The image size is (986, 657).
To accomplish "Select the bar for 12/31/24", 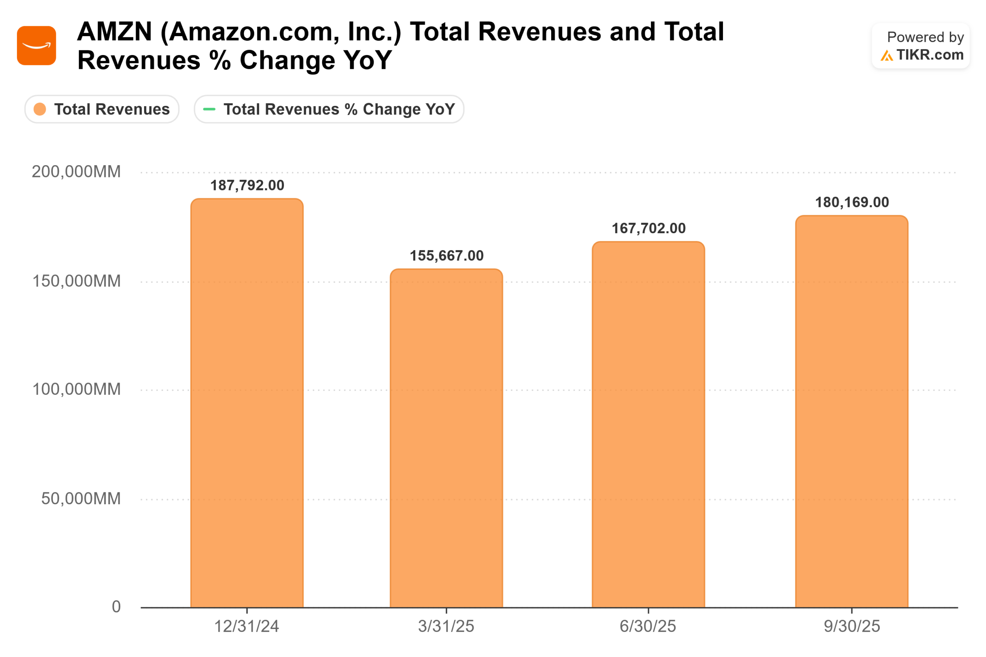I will coord(247,402).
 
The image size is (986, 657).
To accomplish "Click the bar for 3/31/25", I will coord(446,438).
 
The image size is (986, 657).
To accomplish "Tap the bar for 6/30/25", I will coord(648,424).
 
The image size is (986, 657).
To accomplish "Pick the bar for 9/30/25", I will coord(852,411).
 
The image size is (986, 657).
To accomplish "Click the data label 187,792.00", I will coord(247,185).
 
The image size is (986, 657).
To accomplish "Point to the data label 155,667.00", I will coord(446,256).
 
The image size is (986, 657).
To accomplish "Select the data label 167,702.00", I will coord(649,228).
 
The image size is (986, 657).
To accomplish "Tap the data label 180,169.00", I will coord(852,202).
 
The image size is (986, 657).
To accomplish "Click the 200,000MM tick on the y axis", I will coord(76,172).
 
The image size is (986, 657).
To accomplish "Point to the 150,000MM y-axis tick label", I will coord(76,281).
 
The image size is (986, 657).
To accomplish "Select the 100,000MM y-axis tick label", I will coord(76,389).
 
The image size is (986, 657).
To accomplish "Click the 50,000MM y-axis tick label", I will coord(80,498).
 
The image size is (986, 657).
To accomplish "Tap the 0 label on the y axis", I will coord(116,607).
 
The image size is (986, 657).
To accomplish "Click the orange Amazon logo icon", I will coord(37,46).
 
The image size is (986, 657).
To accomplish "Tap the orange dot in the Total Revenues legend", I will coord(40,109).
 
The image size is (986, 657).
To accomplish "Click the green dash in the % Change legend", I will coord(209,109).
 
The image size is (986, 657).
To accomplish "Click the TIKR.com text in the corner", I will coord(930,55).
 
